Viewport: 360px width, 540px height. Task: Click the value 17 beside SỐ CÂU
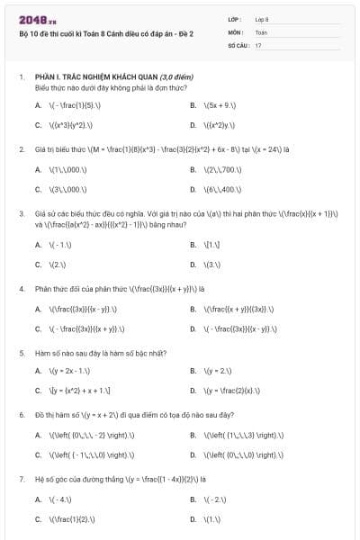click(258, 44)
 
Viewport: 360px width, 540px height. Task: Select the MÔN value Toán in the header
click(261, 31)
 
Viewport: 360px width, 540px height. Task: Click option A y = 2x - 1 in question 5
click(71, 371)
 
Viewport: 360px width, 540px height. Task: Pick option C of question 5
click(80, 391)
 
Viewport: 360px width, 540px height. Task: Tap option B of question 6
click(238, 435)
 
